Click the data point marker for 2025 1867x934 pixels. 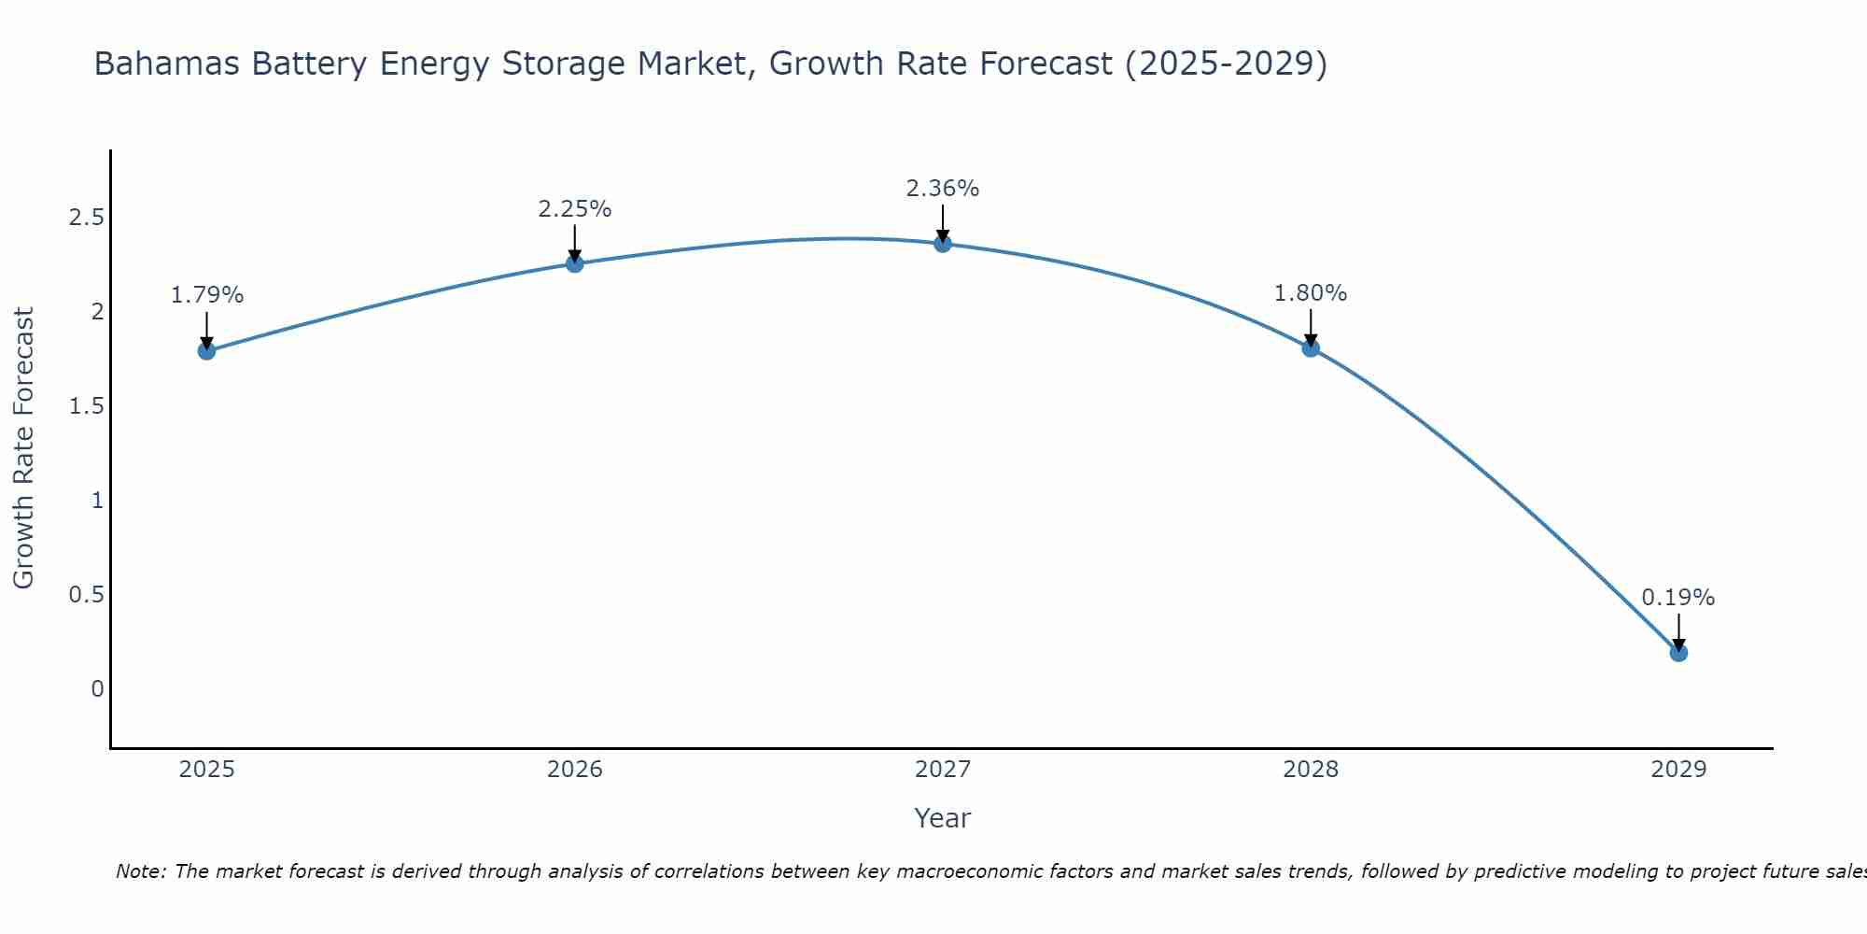206,351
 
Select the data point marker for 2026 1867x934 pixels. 575,263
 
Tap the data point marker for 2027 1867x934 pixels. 943,244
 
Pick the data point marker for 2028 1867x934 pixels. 1311,348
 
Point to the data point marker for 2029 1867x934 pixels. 1678,653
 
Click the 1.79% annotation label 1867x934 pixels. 206,295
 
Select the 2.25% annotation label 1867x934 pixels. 575,209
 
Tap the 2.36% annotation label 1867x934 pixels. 943,189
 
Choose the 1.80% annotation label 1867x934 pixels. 1311,293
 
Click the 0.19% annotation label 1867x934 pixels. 1678,598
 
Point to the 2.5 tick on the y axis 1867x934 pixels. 86,218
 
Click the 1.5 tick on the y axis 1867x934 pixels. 86,406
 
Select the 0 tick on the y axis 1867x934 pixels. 97,689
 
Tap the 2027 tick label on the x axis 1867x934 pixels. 943,770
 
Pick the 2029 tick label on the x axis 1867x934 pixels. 1678,770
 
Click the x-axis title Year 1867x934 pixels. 943,818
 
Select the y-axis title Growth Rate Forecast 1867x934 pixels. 23,448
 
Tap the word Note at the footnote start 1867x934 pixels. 140,871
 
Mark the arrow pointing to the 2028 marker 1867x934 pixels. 1311,327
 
